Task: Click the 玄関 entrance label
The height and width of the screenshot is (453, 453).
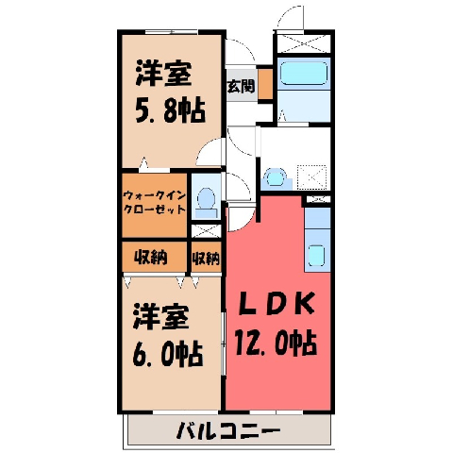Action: click(x=241, y=86)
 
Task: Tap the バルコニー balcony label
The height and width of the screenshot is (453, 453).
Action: click(x=227, y=430)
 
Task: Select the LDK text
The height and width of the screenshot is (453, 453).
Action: click(x=277, y=304)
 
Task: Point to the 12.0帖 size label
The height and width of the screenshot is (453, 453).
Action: click(x=276, y=343)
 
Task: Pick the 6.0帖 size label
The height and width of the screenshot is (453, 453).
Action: click(x=167, y=353)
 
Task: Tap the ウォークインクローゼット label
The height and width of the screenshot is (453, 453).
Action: click(x=155, y=203)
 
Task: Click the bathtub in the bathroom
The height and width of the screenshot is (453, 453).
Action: click(x=304, y=73)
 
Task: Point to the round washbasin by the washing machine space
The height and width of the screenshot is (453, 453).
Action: click(x=277, y=178)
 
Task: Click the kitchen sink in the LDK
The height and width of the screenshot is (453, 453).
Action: click(x=316, y=255)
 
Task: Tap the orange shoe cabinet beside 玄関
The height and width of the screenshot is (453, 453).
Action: click(x=265, y=83)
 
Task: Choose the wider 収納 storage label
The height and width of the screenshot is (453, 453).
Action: click(x=151, y=258)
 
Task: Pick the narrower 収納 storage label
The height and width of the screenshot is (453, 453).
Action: click(x=206, y=259)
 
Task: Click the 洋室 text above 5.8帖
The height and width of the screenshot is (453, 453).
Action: click(x=163, y=75)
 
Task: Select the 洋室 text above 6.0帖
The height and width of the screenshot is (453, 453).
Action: click(x=161, y=317)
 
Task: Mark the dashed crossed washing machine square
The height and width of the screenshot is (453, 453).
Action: click(x=312, y=177)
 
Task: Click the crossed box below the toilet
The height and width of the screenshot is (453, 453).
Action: click(x=206, y=231)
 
